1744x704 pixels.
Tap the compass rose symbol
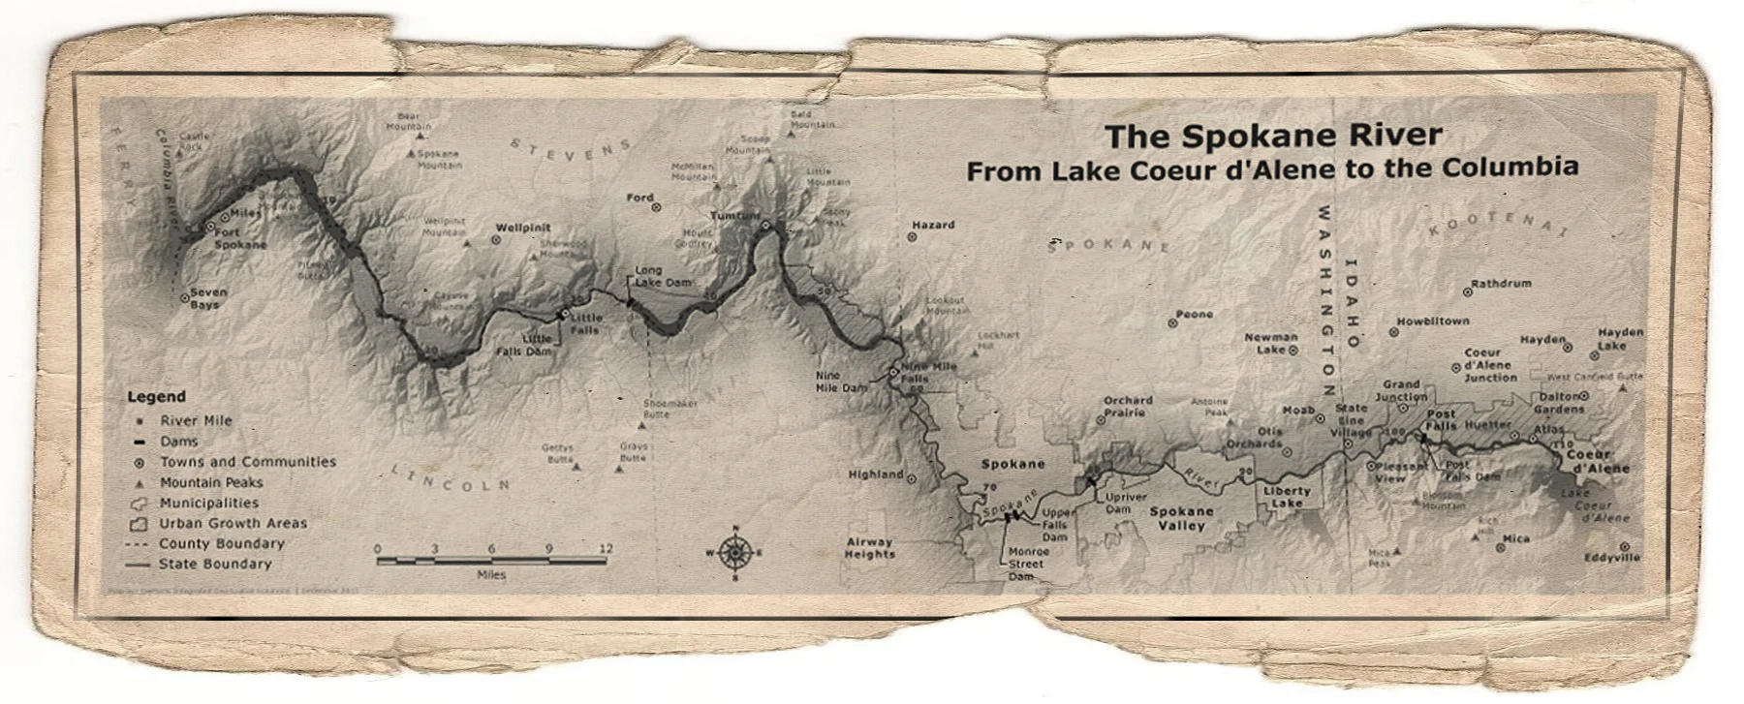(735, 553)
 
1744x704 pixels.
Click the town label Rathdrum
(1501, 284)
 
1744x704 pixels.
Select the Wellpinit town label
(523, 229)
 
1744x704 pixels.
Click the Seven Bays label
(208, 297)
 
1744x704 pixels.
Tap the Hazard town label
(933, 225)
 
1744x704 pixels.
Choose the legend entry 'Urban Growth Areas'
(233, 523)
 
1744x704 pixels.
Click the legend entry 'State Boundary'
(215, 564)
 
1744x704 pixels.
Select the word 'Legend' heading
(156, 396)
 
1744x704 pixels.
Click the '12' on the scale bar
(607, 548)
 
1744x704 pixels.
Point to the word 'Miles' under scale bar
(491, 574)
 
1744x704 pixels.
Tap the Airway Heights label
(869, 548)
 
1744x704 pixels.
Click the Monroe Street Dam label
(1026, 563)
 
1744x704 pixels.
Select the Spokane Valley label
(1181, 518)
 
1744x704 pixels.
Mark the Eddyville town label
(1612, 558)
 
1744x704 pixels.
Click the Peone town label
(1194, 314)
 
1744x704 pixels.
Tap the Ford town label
(639, 198)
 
